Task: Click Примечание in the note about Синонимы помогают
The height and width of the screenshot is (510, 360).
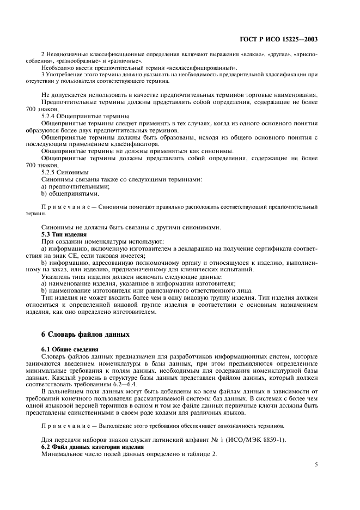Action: pyautogui.click(x=65, y=207)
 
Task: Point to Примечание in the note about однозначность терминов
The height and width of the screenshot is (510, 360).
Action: pyautogui.click(x=65, y=425)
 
